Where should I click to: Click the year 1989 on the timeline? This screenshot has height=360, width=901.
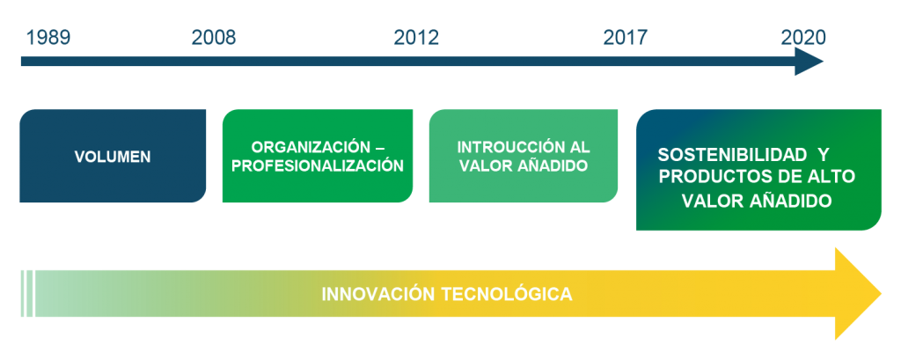[x=48, y=37]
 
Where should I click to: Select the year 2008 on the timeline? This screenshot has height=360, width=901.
[x=214, y=37]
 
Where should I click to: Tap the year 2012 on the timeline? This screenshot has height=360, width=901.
[x=416, y=37]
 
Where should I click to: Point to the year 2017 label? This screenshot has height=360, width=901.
[x=626, y=37]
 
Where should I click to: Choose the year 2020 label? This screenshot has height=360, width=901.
[x=803, y=37]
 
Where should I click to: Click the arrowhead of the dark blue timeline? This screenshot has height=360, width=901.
[x=809, y=62]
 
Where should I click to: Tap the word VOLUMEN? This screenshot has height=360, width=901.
[x=113, y=157]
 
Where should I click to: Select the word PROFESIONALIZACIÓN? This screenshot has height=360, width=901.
[x=318, y=165]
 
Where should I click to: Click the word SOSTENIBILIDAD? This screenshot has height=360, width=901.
[x=732, y=155]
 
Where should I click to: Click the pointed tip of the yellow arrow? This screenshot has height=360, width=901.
[x=881, y=293]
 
